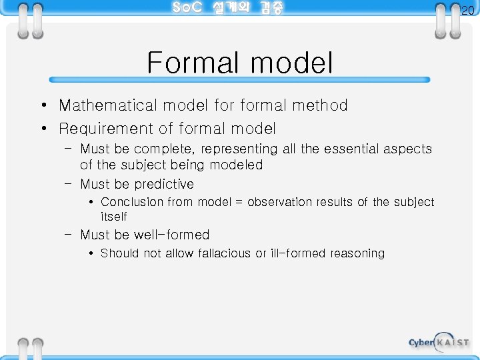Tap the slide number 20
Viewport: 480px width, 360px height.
tap(467, 11)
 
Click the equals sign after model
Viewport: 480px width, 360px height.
tap(238, 203)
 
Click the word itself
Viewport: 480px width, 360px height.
tap(113, 217)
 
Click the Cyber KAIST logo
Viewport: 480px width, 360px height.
tap(438, 342)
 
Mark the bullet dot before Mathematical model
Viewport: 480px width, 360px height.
tap(42, 106)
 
